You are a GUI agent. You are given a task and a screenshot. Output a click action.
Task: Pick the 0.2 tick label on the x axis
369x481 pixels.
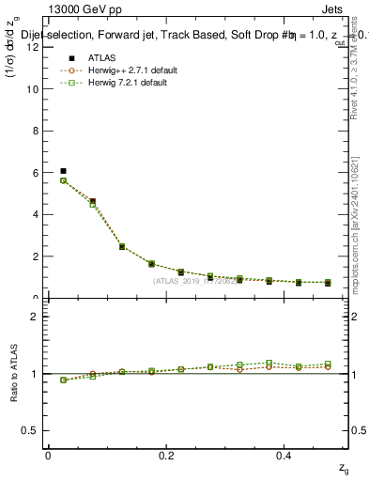(x=167, y=455)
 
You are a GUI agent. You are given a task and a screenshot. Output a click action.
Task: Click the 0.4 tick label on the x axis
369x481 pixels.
(x=285, y=455)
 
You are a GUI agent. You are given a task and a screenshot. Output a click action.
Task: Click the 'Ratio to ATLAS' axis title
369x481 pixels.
(x=13, y=373)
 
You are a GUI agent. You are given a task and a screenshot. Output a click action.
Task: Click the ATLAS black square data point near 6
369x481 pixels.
(x=63, y=171)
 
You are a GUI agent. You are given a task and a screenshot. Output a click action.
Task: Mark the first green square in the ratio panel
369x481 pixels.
(x=63, y=380)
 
